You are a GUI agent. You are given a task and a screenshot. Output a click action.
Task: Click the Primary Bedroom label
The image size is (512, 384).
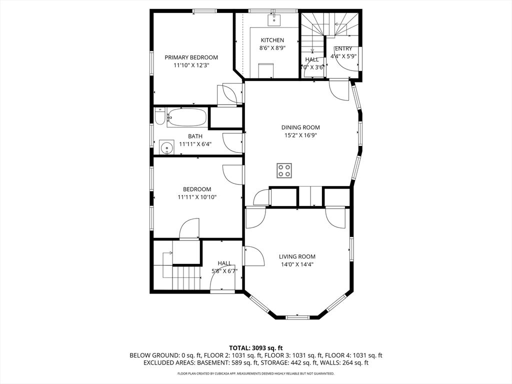tap(191, 57)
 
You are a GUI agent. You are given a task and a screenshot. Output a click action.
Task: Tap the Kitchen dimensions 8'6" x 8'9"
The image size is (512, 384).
tap(272, 48)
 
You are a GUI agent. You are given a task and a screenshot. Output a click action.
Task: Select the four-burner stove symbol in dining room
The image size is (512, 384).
tap(284, 170)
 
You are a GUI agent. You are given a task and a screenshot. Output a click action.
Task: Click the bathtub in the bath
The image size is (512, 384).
tap(186, 118)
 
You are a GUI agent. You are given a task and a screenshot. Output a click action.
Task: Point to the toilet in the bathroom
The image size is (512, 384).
tap(158, 118)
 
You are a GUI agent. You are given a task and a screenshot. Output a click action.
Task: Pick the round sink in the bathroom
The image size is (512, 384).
tap(166, 147)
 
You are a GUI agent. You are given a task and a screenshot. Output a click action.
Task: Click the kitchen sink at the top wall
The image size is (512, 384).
tap(274, 20)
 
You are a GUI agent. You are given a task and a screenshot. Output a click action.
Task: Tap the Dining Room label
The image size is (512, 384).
tap(300, 127)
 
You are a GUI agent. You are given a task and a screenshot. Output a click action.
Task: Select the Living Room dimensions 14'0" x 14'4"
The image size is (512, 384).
tap(297, 264)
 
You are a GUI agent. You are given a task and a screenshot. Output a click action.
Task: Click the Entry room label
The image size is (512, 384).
tap(343, 48)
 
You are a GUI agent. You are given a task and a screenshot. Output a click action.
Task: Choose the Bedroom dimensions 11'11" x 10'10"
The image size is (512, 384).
tap(196, 197)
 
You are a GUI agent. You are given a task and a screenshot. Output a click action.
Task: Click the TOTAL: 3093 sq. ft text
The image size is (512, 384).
tap(256, 347)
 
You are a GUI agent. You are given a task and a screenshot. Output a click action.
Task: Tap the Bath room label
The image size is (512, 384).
tap(195, 136)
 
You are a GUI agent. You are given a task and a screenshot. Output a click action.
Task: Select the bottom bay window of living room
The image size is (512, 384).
tap(297, 316)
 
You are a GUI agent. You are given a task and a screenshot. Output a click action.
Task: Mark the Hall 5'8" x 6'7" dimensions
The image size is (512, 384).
tap(224, 271)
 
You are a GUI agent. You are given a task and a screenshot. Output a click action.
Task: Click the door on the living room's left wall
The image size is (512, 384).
tap(254, 256)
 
